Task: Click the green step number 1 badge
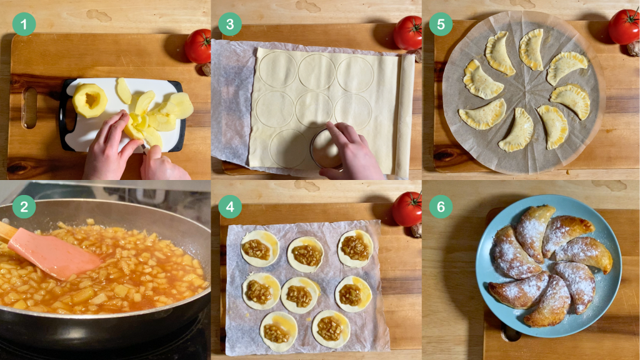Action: click(24, 24)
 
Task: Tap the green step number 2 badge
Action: click(24, 207)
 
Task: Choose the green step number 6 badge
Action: click(441, 207)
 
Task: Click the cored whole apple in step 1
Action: click(90, 100)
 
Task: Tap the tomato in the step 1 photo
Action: click(198, 46)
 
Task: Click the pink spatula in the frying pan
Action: click(54, 253)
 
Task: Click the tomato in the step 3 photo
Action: click(407, 32)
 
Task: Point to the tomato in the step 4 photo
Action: click(407, 209)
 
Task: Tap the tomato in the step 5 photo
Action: click(624, 26)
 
